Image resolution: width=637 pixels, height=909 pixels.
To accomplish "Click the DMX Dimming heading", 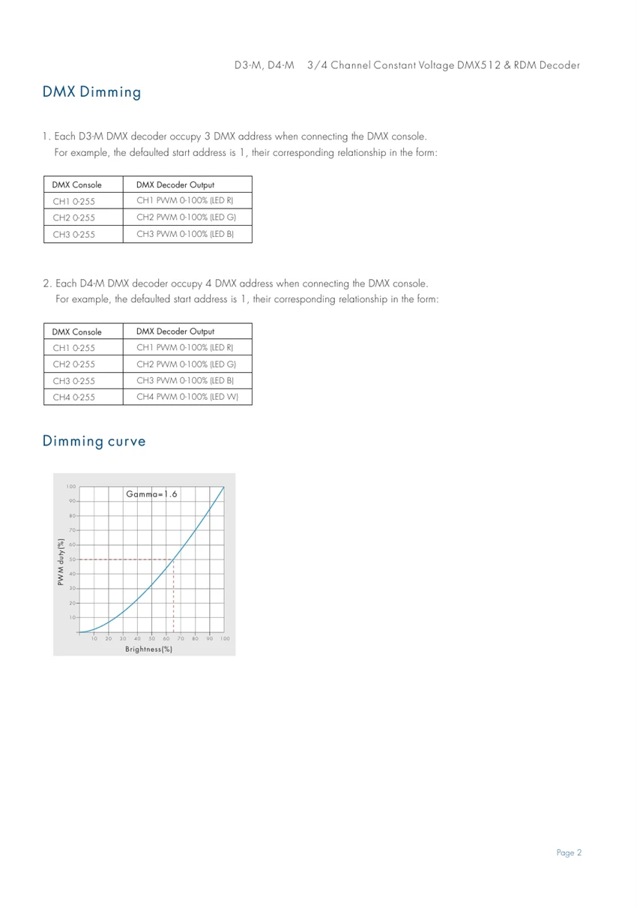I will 91,93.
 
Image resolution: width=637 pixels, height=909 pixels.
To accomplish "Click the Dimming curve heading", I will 94,441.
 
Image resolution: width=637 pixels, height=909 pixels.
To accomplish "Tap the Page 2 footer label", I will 569,853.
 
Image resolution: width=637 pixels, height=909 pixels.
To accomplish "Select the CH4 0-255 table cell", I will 73,397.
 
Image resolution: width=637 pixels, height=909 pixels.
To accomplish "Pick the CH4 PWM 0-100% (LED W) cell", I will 187,397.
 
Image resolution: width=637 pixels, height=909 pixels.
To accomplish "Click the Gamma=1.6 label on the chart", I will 151,494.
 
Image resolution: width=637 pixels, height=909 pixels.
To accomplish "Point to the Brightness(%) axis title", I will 148,649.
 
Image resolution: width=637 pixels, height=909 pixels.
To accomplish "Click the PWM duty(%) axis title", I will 61,561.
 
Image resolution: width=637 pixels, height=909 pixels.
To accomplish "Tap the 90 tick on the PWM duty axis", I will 72,501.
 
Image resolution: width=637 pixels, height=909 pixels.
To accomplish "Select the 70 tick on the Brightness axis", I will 181,638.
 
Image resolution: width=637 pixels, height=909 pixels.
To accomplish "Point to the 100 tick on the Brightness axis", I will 225,638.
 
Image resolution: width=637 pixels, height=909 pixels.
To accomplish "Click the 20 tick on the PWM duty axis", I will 72,603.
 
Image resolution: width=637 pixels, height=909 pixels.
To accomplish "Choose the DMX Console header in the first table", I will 76,185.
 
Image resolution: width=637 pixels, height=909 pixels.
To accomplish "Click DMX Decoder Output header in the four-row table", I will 175,331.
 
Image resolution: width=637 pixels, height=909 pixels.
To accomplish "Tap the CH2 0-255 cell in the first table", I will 73,218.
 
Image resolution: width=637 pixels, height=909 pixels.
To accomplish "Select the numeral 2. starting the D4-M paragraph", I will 47,283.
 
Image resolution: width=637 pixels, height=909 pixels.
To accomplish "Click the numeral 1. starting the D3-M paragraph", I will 46,136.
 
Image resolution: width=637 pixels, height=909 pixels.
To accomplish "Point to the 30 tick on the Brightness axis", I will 123,638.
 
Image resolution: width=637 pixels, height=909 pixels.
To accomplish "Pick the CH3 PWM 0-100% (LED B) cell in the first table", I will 184,235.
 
